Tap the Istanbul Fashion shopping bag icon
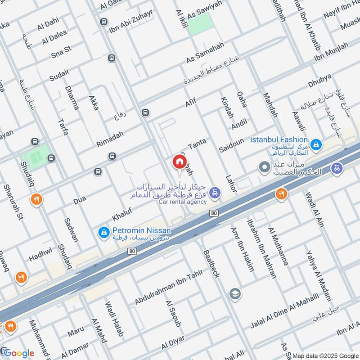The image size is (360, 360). click(x=317, y=144)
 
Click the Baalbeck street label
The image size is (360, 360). click(x=211, y=264)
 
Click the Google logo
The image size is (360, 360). click(x=18, y=353)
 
